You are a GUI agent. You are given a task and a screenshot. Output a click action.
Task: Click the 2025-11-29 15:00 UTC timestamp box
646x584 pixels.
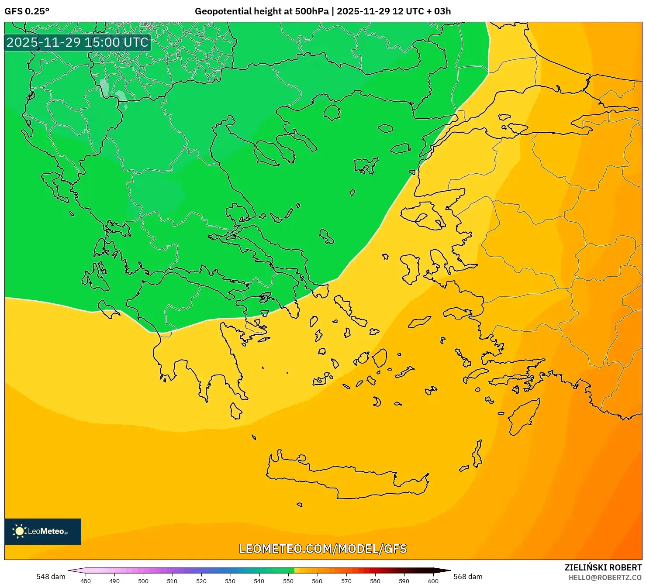click(77, 42)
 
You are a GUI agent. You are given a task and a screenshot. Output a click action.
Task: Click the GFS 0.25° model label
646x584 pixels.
click(27, 11)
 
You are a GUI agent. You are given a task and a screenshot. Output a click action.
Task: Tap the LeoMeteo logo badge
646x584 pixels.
click(43, 531)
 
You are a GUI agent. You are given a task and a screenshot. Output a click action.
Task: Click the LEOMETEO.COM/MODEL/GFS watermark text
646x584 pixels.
click(323, 549)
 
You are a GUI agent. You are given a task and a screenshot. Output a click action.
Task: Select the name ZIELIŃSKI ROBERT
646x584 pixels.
click(603, 568)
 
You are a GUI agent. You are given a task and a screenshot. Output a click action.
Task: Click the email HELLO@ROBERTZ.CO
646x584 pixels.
click(605, 577)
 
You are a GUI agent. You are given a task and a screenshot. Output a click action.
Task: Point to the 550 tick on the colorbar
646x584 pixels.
click(288, 581)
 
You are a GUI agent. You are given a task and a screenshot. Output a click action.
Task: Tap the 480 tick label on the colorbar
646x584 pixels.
click(86, 581)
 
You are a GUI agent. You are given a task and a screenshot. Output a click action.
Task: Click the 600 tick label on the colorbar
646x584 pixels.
click(433, 581)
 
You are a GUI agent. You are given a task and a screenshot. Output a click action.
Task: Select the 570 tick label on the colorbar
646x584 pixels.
click(346, 581)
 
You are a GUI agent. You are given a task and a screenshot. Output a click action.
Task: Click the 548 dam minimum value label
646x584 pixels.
click(51, 577)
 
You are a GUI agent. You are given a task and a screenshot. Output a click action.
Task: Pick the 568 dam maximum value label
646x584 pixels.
click(468, 577)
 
